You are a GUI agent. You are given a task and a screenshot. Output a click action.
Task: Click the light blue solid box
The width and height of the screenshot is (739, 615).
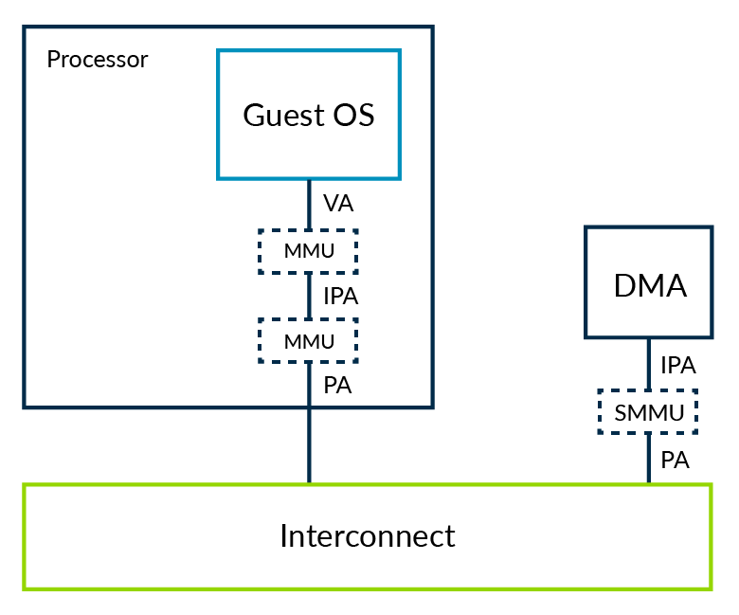[309, 115]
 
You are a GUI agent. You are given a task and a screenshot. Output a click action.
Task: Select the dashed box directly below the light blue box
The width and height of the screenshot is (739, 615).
[308, 251]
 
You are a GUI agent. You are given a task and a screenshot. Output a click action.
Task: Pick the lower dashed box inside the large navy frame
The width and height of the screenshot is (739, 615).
[308, 340]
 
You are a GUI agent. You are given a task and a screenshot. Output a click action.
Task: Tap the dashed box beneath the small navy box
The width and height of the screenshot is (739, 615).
[648, 411]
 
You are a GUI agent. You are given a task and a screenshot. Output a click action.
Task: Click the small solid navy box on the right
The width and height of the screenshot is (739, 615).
[649, 282]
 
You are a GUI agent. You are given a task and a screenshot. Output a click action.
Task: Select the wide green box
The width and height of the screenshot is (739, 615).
[368, 537]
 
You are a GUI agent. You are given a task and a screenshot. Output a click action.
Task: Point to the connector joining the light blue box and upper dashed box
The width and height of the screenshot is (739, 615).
[309, 204]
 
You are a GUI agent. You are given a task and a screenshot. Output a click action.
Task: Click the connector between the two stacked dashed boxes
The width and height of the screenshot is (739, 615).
[309, 296]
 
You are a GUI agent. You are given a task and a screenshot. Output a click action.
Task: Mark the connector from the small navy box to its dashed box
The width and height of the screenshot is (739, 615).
[648, 363]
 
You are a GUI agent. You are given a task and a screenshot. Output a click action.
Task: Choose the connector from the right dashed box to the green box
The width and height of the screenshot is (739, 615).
[648, 459]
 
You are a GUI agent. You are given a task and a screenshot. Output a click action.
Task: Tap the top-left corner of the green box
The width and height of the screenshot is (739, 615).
[25, 485]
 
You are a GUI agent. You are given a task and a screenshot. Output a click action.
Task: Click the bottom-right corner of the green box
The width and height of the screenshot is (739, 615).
[711, 588]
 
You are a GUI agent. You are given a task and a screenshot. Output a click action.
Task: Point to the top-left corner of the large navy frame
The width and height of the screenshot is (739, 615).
[25, 27]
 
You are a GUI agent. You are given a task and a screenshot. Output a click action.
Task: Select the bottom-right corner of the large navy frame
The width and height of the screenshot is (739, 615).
[432, 407]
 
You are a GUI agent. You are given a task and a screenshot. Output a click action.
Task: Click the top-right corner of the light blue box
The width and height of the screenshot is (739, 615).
[399, 51]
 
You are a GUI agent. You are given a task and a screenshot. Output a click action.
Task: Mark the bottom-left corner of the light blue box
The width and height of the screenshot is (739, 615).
[219, 177]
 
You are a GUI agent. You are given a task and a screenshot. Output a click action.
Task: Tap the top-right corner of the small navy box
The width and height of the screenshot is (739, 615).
[711, 227]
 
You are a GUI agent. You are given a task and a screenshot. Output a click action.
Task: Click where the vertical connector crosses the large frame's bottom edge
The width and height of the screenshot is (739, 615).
[309, 407]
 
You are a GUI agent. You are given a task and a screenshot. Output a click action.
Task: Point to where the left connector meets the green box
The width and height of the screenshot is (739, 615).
[309, 484]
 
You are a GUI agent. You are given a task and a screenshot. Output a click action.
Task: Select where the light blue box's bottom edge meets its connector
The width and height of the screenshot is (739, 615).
[309, 178]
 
